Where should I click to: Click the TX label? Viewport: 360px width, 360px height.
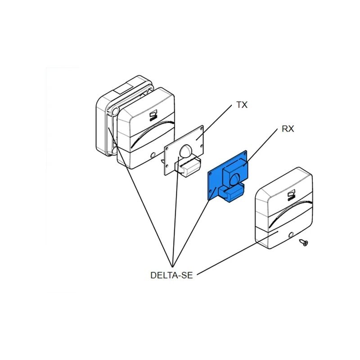click(242, 105)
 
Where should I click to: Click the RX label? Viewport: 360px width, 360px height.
click(288, 129)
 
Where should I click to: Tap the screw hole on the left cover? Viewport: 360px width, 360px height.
click(153, 154)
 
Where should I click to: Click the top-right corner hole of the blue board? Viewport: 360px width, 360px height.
click(244, 153)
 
